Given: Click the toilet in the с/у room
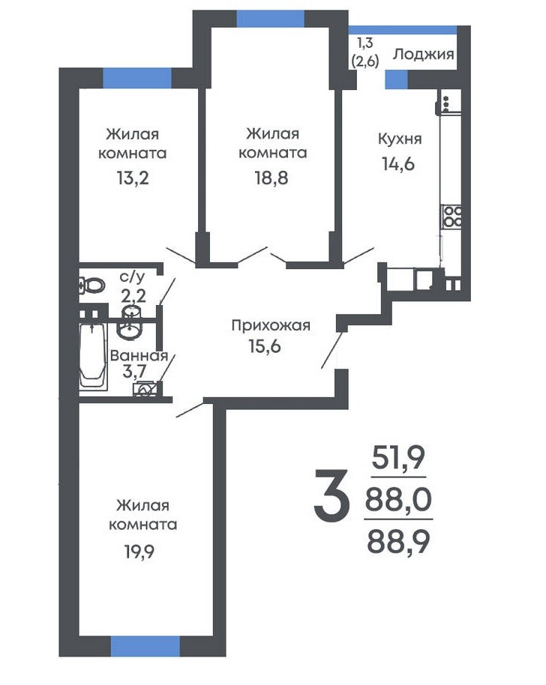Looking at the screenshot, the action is click(92, 286).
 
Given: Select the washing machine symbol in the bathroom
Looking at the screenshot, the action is click(145, 389).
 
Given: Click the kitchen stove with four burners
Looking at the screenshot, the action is click(451, 217).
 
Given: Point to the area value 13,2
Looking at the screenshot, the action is click(133, 178).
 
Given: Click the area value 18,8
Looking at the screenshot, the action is click(271, 178).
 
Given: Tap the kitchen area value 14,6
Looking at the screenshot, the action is click(398, 164).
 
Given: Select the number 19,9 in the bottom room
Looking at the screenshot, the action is click(139, 552).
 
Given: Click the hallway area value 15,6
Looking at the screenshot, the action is click(265, 346).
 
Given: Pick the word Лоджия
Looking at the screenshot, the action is click(423, 55).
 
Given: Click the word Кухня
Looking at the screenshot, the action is click(400, 139).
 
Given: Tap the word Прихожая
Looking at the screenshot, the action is click(271, 325).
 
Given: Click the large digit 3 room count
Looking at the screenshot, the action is click(331, 496).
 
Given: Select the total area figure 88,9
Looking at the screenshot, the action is click(398, 541).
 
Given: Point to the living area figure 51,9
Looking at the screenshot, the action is click(398, 457).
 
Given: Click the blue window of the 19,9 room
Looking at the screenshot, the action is click(145, 647).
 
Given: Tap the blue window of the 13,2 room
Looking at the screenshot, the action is click(136, 78).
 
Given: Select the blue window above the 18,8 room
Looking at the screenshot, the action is click(271, 19).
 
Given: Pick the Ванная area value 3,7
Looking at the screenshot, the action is click(135, 371).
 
